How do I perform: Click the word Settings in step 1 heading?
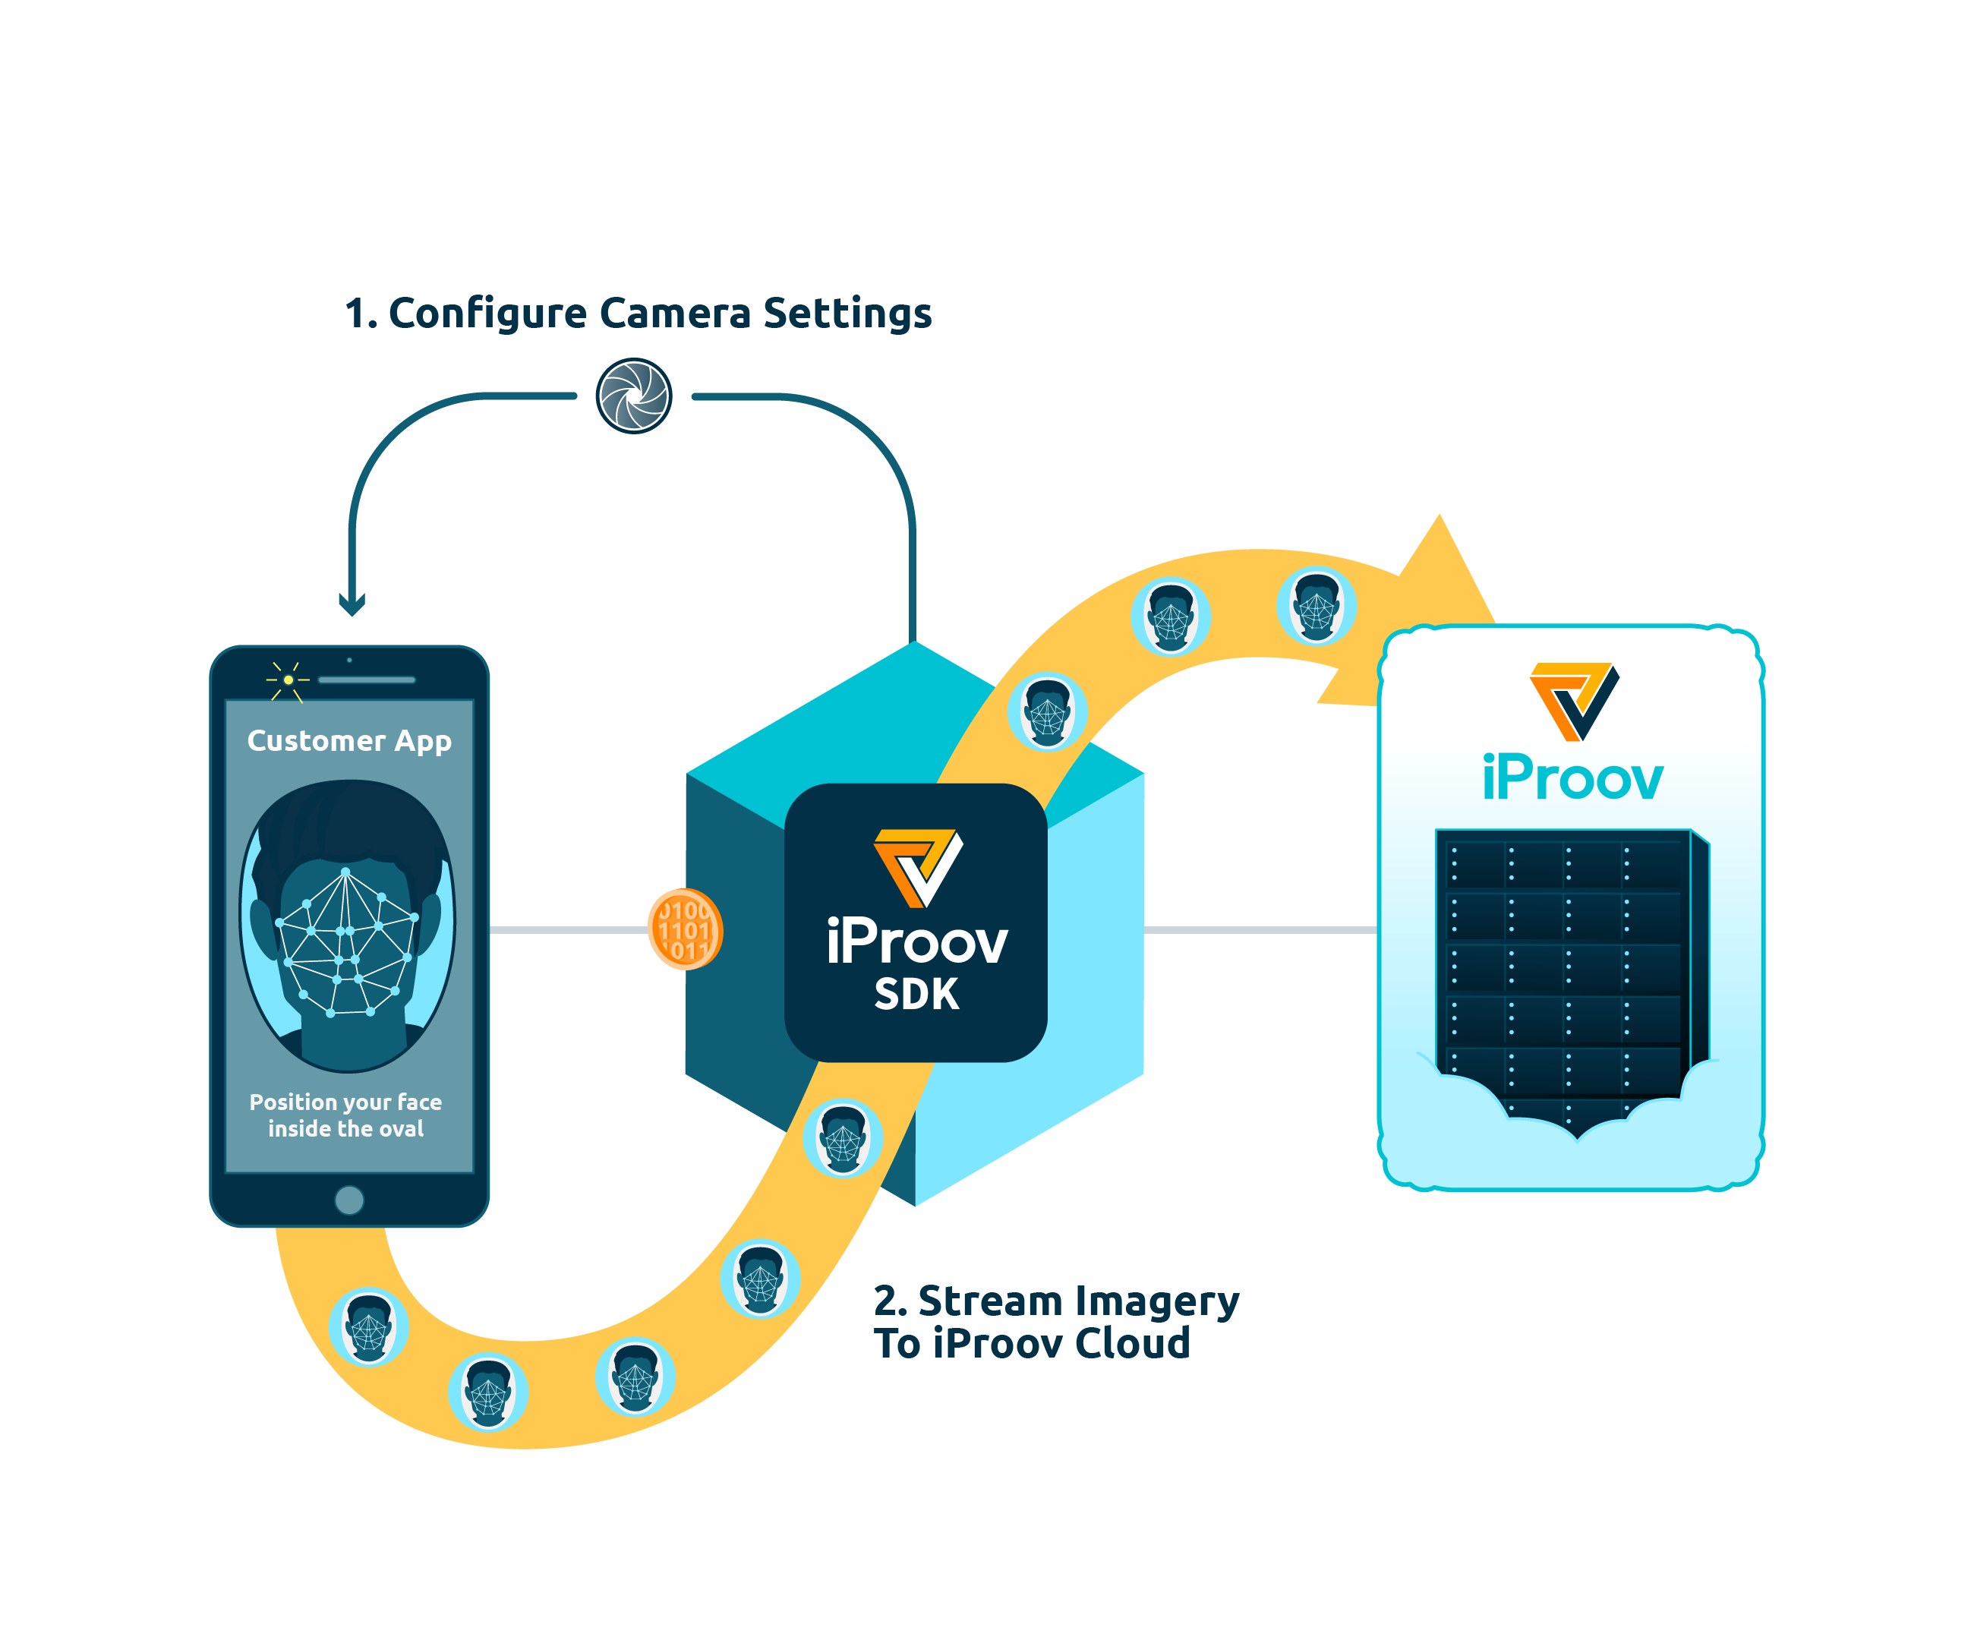(x=847, y=313)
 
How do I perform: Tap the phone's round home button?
(x=348, y=1200)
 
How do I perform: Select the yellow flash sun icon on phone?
(x=288, y=680)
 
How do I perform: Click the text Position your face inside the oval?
(x=346, y=1115)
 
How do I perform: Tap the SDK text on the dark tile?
(x=916, y=995)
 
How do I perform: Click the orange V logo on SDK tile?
(x=916, y=866)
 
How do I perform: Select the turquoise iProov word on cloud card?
(x=1572, y=779)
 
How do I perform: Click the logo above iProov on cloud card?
(x=1572, y=700)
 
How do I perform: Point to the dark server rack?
(x=1565, y=968)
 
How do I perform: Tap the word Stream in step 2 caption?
(x=991, y=1301)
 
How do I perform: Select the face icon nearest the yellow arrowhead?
(x=1316, y=606)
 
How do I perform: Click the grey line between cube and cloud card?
(x=1260, y=929)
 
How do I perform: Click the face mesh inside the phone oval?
(x=347, y=945)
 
